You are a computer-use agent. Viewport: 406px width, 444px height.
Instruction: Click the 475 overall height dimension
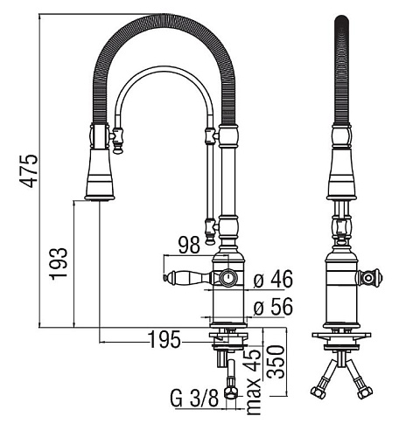click(x=29, y=171)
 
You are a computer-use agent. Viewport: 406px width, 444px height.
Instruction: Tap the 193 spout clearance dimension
click(x=59, y=264)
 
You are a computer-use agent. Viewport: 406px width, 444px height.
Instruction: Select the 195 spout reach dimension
click(x=164, y=340)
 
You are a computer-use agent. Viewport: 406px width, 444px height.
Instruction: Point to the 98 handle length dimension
click(x=189, y=245)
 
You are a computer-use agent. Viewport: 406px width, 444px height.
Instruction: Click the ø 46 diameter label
click(x=273, y=279)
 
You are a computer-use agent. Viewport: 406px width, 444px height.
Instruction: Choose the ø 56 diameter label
click(x=273, y=307)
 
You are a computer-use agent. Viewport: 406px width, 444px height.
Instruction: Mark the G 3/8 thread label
click(x=194, y=399)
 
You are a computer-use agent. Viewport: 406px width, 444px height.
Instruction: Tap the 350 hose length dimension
click(x=276, y=362)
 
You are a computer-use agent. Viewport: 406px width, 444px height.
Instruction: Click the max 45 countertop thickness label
click(x=254, y=381)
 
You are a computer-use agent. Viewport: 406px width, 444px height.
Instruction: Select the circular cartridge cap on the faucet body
click(x=228, y=278)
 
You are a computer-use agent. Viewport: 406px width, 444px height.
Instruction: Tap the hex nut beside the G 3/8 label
click(x=231, y=392)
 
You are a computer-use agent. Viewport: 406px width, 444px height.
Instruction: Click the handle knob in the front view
click(x=369, y=278)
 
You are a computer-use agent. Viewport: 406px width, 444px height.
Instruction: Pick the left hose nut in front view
click(x=318, y=392)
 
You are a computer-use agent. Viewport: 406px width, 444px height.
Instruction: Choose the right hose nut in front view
click(x=365, y=392)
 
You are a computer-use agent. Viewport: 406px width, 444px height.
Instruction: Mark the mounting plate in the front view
click(x=341, y=335)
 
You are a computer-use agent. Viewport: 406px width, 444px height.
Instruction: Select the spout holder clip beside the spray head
click(x=117, y=141)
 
